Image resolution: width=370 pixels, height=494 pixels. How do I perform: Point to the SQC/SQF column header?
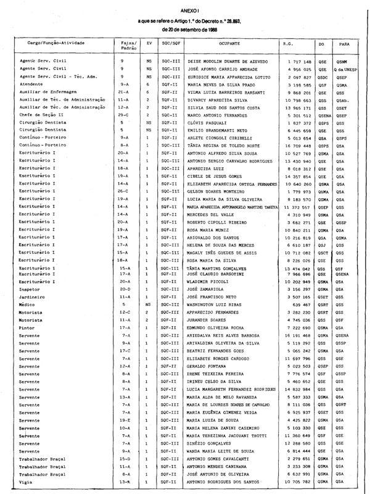(169, 45)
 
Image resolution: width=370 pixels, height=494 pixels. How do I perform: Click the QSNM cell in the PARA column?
(342, 62)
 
